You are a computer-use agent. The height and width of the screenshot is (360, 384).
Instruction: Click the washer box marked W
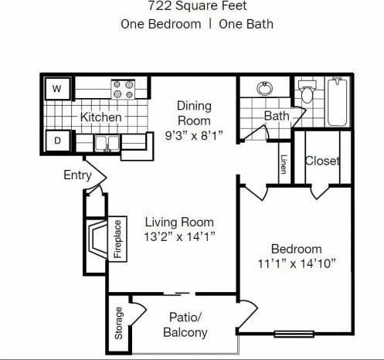point(56,90)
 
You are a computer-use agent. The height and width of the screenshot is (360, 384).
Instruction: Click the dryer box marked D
point(56,141)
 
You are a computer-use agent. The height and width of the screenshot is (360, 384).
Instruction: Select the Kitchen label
point(101,117)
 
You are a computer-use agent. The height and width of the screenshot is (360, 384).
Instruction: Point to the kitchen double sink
point(107,142)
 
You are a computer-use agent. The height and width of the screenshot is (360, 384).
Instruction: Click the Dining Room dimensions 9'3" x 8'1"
point(194,135)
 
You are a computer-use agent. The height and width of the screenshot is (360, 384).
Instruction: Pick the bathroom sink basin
point(265,88)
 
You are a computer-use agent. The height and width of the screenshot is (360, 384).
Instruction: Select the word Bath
point(277,116)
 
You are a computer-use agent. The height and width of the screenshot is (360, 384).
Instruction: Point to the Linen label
point(284,165)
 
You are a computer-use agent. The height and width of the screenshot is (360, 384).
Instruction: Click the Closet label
point(322,161)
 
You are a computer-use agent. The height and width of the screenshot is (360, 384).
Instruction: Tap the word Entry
point(77,175)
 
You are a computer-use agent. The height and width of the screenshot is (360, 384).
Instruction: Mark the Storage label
point(119,324)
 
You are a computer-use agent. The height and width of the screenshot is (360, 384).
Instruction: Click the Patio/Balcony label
point(185,324)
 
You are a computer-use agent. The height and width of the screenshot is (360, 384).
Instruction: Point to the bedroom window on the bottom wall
point(294,334)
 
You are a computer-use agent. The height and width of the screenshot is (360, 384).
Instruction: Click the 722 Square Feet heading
point(196,6)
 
